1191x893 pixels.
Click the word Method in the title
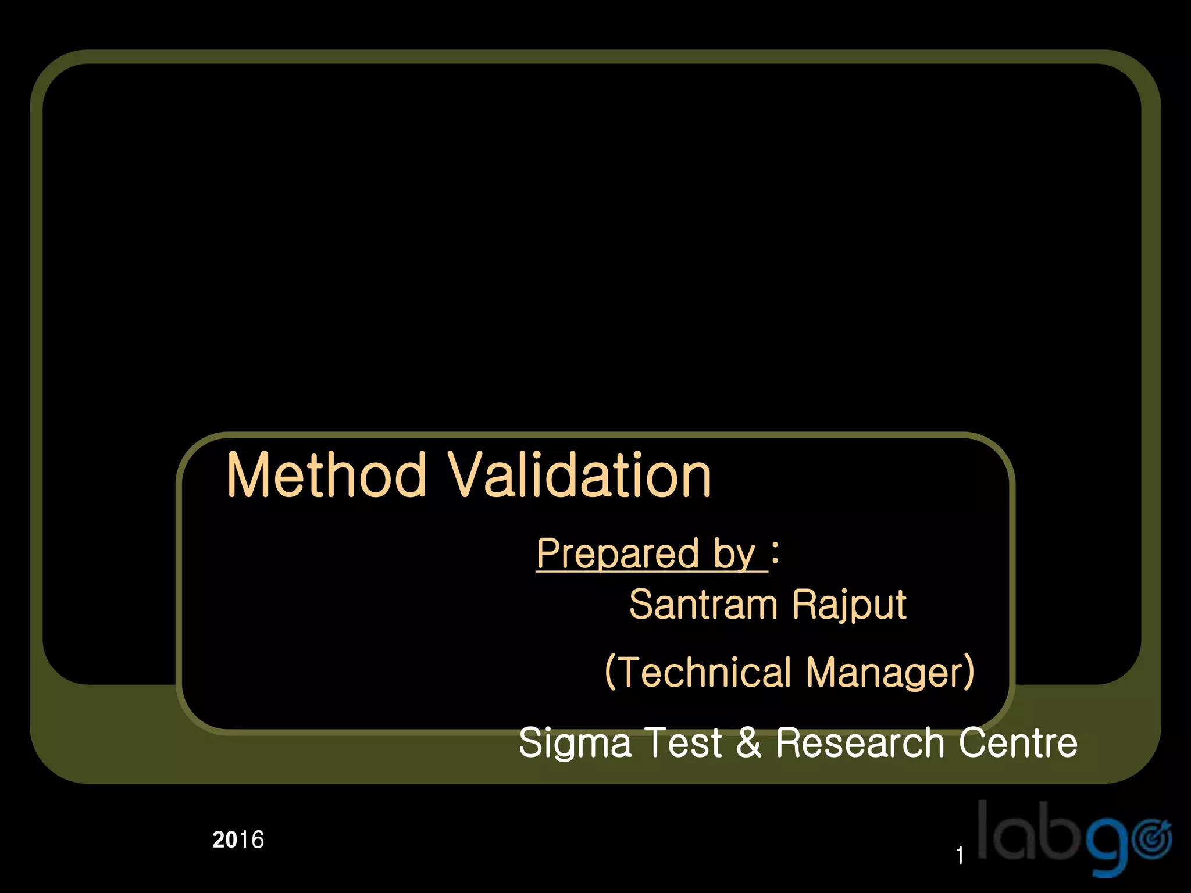[327, 476]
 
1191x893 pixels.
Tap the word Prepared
[618, 553]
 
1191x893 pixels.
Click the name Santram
[703, 605]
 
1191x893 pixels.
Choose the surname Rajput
[849, 606]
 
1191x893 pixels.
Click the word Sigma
[575, 744]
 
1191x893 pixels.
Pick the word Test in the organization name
[684, 742]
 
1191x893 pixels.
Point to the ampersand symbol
[748, 742]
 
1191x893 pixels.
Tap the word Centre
[1018, 742]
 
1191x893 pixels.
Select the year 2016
[238, 840]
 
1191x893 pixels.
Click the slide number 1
[960, 855]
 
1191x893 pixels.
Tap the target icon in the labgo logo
[1153, 840]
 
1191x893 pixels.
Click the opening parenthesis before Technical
[610, 672]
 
